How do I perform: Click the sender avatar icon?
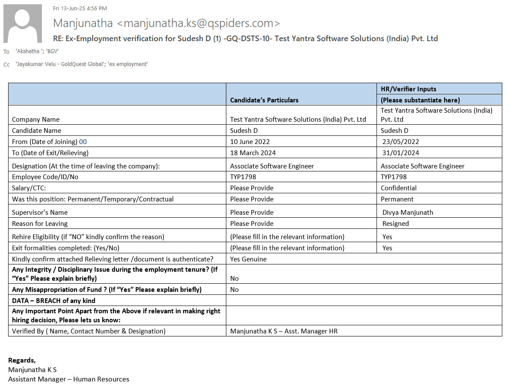(x=23, y=24)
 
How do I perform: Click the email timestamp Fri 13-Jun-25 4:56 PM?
(x=80, y=8)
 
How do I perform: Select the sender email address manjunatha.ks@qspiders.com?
(x=198, y=23)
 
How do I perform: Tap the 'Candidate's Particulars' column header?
(x=264, y=100)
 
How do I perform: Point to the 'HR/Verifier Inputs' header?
(x=408, y=89)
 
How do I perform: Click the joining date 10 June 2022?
(x=250, y=141)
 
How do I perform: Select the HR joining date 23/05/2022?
(x=400, y=141)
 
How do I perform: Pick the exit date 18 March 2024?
(x=253, y=153)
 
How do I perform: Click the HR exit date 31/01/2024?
(x=400, y=153)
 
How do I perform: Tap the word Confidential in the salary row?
(x=398, y=188)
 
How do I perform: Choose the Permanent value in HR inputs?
(x=397, y=199)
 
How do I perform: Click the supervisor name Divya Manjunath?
(x=408, y=212)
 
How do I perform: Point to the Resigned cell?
(x=396, y=223)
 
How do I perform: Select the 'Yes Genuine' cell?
(x=248, y=259)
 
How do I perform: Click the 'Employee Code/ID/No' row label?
(x=45, y=177)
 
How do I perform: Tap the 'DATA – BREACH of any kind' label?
(x=53, y=300)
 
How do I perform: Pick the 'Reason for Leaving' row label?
(x=40, y=223)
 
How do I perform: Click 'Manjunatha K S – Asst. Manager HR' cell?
(x=284, y=331)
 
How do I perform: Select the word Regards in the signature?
(x=22, y=360)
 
